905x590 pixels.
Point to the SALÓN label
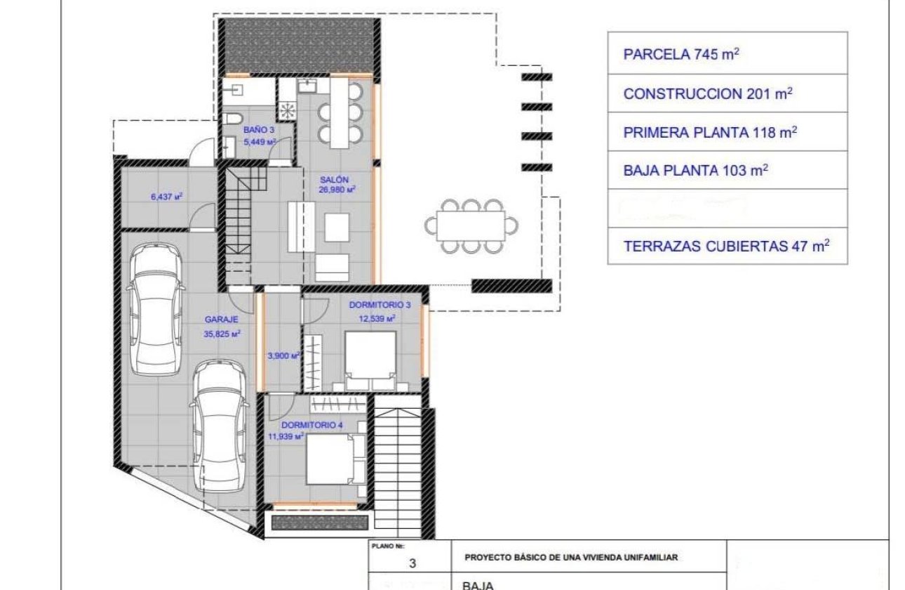click(x=334, y=180)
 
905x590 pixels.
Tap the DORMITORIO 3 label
click(x=380, y=305)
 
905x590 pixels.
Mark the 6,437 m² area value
click(x=166, y=197)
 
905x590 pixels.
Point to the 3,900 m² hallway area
click(x=283, y=356)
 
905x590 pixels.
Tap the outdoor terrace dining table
click(x=471, y=225)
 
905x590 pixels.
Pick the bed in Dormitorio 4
click(x=333, y=459)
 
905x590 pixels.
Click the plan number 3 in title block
click(x=413, y=563)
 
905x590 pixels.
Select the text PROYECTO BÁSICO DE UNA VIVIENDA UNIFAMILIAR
click(x=571, y=557)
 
